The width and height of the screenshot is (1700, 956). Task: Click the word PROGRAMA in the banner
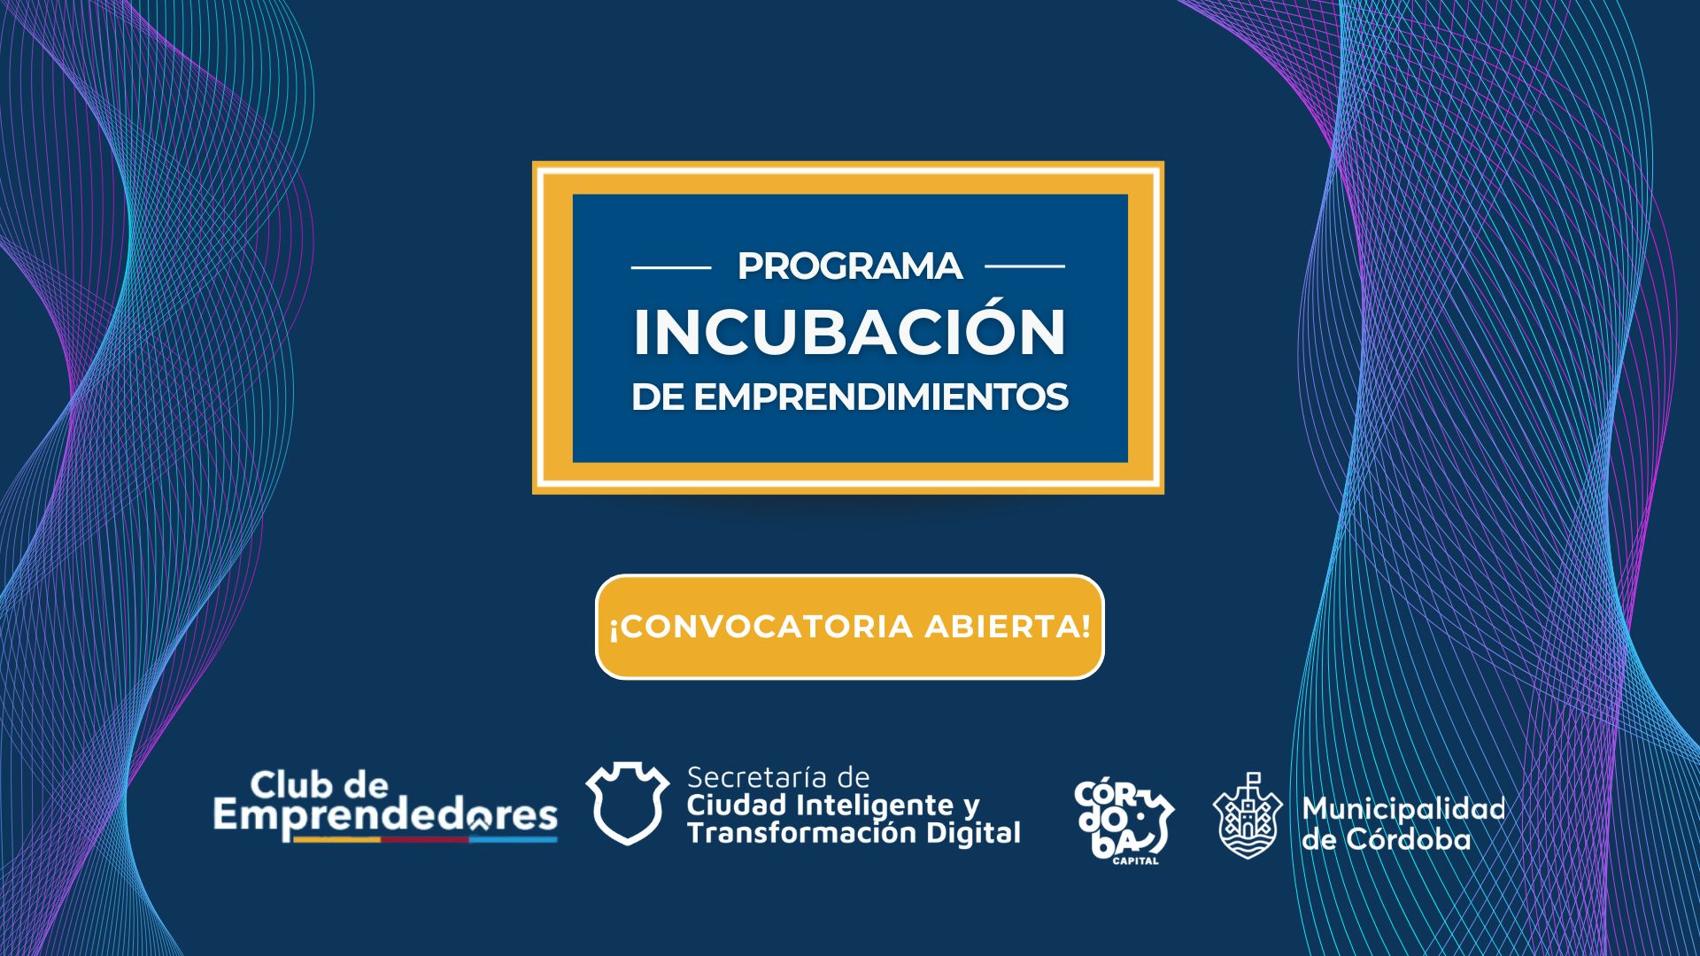[x=850, y=266]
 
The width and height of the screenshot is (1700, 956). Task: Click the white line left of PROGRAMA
[x=671, y=266]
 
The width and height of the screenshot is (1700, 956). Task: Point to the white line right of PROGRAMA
[x=1024, y=266]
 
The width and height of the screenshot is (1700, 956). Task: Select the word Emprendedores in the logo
[x=385, y=816]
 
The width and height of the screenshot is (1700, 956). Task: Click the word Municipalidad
[x=1403, y=809]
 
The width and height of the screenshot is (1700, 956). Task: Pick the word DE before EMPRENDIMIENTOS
[x=658, y=397]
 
